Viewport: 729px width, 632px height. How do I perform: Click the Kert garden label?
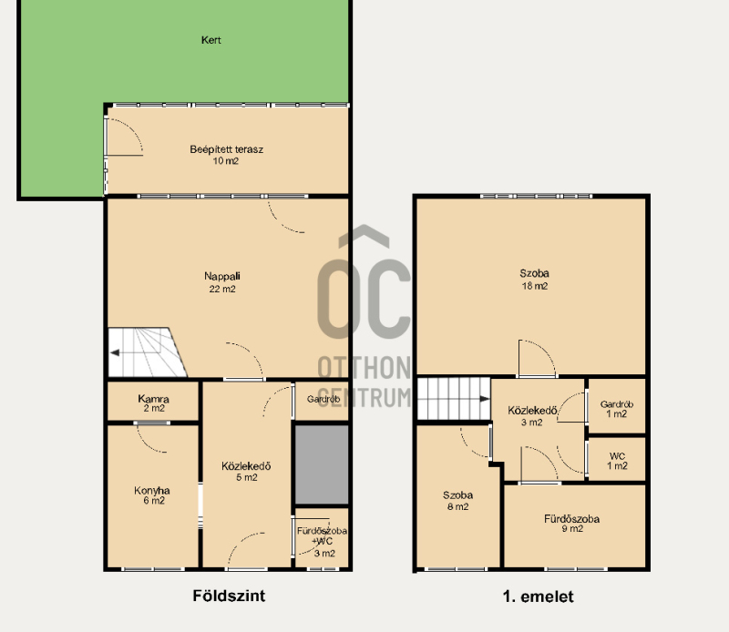[x=211, y=40]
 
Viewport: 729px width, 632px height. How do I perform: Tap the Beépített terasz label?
[x=226, y=155]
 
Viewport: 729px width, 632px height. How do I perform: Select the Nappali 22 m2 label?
[x=222, y=282]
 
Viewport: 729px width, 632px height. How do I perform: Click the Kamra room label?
[x=153, y=403]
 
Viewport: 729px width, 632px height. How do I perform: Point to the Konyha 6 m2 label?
[x=152, y=494]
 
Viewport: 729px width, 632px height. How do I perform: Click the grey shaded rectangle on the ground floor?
[x=322, y=464]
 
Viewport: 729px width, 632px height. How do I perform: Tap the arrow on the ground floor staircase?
[x=115, y=352]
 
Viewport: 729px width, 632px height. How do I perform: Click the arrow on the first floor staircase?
[x=485, y=399]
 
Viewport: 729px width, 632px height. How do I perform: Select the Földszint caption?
[x=229, y=596]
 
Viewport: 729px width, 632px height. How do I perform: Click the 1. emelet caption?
[x=538, y=596]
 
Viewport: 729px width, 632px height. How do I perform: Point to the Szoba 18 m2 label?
[x=535, y=280]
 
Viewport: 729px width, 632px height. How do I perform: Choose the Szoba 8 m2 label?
[x=458, y=501]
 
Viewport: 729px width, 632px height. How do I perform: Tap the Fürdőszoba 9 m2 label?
[x=572, y=524]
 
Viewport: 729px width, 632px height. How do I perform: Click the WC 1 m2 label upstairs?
[x=617, y=461]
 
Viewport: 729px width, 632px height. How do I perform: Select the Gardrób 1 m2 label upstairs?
[x=617, y=409]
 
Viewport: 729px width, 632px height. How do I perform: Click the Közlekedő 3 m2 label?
[x=532, y=416]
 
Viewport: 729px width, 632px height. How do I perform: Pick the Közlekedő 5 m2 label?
[x=246, y=471]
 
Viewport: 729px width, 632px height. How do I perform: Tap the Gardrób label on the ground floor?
[x=323, y=399]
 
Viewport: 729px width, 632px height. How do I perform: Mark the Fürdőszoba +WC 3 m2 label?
[x=323, y=541]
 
